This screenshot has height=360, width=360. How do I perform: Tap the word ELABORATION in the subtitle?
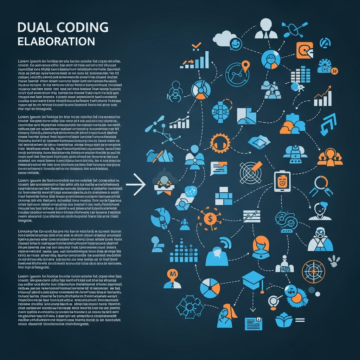tap(56, 41)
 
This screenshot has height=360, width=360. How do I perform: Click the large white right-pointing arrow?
tap(136, 184)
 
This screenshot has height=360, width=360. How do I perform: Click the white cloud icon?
tap(224, 38)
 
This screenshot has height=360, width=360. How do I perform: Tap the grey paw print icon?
tap(334, 261)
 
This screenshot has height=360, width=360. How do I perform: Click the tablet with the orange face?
tap(281, 182)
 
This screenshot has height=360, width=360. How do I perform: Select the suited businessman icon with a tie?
tap(264, 29)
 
